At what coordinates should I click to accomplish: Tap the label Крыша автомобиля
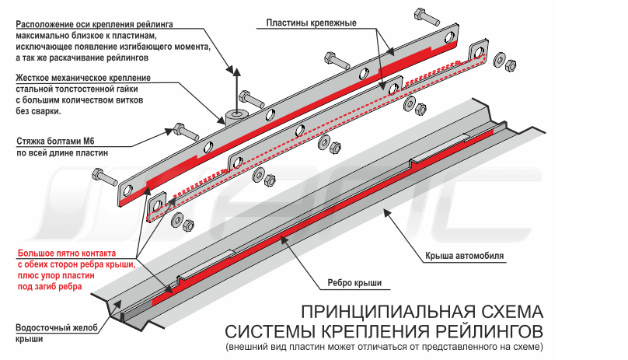point(466,255)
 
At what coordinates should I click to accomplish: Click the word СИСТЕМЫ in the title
point(270,330)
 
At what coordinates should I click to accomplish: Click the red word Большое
point(37,253)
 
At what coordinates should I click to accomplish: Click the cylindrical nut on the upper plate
point(235,116)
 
